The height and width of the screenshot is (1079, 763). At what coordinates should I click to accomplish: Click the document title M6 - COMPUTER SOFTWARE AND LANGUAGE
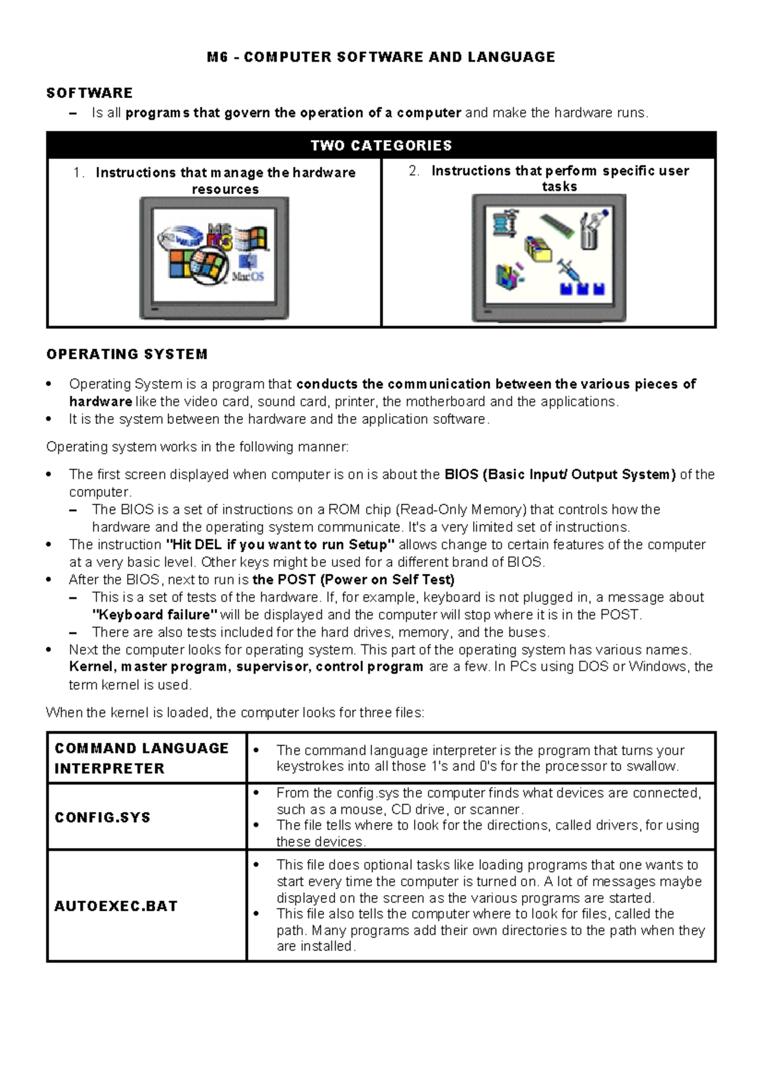381,57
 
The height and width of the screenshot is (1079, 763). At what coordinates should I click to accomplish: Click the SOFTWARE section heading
90,93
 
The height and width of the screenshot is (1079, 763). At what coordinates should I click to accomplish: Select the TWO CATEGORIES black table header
381,146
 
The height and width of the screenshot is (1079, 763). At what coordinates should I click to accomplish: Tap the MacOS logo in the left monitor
248,271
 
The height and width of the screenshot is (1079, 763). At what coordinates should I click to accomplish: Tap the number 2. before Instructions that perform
414,171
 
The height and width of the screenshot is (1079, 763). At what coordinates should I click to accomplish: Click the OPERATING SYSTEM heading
127,354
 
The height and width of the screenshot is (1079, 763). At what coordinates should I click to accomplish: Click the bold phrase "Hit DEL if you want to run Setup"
280,545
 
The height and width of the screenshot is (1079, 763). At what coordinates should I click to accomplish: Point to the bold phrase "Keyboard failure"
155,615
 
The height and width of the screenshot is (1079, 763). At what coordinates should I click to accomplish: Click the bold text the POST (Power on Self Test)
353,580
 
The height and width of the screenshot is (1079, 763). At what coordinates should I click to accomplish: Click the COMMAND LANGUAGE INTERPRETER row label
141,758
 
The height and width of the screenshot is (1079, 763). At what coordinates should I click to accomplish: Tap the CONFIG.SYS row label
102,818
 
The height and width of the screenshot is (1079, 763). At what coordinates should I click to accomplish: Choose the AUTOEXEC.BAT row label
116,906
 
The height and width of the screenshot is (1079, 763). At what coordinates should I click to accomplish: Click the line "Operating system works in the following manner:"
197,447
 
